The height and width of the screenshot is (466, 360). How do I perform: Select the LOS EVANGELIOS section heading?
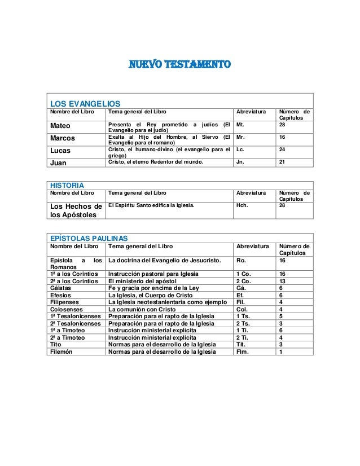(85, 104)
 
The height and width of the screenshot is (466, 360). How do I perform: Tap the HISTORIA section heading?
(67, 185)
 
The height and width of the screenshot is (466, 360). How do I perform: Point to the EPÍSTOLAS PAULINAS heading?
(89, 239)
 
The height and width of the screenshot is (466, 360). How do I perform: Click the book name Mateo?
(60, 125)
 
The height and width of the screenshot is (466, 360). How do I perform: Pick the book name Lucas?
(61, 151)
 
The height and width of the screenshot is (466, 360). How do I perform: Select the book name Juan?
(59, 162)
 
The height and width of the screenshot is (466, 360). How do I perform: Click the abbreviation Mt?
(240, 125)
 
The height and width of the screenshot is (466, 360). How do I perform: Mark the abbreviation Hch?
(243, 206)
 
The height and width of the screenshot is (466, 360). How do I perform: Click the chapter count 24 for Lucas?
(282, 150)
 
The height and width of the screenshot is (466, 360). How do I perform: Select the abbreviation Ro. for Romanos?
(240, 260)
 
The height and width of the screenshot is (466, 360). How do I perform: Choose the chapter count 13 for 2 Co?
(282, 280)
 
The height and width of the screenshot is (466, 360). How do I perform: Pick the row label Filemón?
(64, 351)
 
